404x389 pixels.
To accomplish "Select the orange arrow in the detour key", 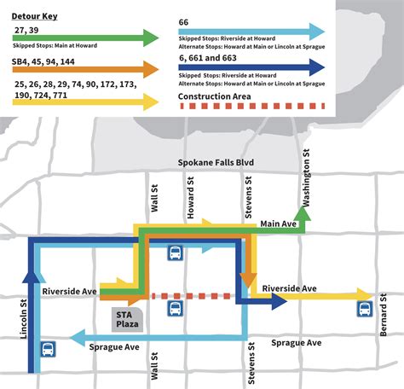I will (x=85, y=69).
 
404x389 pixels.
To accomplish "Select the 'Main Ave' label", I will (x=279, y=224).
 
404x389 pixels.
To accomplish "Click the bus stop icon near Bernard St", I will (x=365, y=309).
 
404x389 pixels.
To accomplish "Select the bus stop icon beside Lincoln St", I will (x=48, y=350).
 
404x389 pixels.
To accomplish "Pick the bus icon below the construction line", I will (x=174, y=309).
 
